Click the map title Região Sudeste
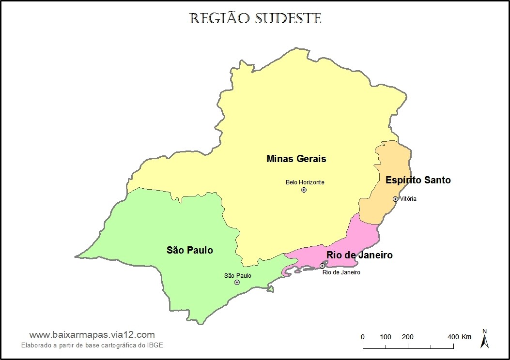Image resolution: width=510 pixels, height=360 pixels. point(255,18)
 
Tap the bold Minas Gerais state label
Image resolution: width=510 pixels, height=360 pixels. point(296,159)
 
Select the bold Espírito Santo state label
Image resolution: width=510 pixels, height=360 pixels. point(418,180)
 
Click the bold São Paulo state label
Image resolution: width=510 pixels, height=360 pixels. point(190,250)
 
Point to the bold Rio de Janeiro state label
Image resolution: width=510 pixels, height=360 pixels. point(359,255)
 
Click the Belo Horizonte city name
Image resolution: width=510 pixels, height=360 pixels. point(305,182)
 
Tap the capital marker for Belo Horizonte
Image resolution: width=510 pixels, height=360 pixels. point(304,190)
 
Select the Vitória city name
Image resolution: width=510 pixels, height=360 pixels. point(408,199)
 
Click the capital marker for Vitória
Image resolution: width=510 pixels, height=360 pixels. point(395,199)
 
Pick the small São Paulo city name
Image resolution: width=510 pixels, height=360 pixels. point(237,275)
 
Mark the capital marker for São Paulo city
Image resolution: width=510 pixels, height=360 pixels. point(237,282)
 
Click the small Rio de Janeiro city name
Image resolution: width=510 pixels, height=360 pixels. point(341,272)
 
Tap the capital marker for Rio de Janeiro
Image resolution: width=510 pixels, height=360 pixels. point(323,266)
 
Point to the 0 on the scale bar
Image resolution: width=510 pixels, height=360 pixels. point(363,337)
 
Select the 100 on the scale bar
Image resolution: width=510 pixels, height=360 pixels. point(386,337)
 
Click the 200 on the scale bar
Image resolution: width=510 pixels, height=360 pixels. point(408,337)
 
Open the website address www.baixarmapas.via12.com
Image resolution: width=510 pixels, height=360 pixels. point(92,335)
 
